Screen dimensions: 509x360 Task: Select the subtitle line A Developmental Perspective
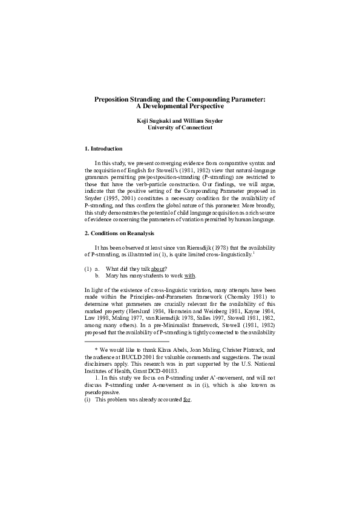[180, 106]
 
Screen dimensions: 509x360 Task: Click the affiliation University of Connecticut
[180, 128]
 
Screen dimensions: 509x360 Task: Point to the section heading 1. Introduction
[103, 149]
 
